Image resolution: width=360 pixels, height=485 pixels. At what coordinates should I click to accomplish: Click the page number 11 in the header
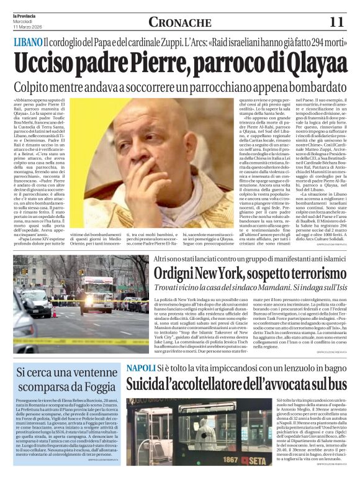337,22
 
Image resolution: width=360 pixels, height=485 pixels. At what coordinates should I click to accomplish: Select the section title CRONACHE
179,22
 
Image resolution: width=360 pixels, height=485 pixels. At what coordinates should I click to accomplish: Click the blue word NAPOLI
141,368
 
